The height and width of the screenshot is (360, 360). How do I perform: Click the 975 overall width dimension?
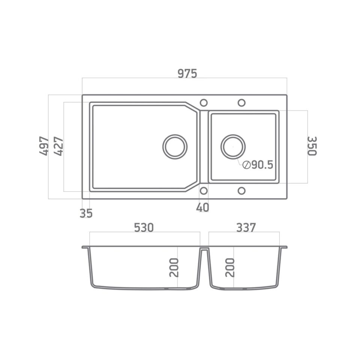click(187, 73)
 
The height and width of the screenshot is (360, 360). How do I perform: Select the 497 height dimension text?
click(45, 146)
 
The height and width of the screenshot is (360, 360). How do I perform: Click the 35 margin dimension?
click(86, 213)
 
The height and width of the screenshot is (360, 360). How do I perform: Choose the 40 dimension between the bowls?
click(202, 207)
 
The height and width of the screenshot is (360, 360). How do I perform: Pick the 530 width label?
click(144, 227)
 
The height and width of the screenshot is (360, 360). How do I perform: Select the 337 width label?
click(246, 227)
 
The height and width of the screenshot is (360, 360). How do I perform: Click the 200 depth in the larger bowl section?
click(174, 267)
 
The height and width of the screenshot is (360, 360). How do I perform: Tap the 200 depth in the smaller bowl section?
click(230, 267)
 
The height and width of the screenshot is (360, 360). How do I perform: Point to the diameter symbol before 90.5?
click(246, 165)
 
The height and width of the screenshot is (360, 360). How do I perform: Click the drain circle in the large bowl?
click(175, 146)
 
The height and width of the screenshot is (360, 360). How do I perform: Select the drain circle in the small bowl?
click(233, 146)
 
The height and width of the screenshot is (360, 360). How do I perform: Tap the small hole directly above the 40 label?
click(204, 191)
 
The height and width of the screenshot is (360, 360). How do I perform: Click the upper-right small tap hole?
click(241, 103)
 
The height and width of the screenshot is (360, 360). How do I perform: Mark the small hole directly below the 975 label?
click(204, 103)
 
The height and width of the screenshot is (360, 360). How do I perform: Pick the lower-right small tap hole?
click(241, 191)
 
